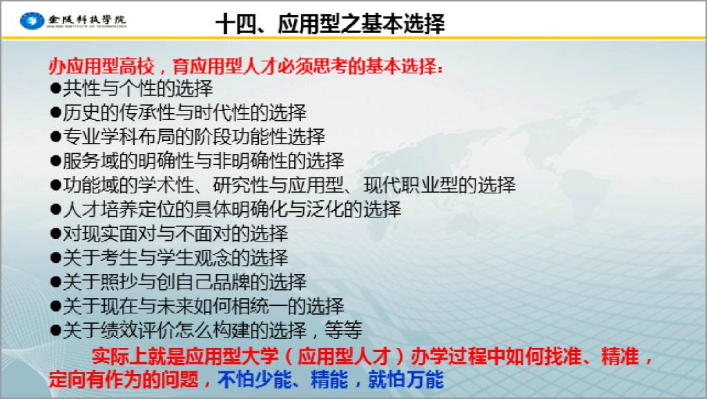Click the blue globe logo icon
click(32, 21)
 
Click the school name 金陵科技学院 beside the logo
click(86, 20)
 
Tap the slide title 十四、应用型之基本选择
click(331, 23)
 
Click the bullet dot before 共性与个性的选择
click(55, 88)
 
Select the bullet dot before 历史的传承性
click(55, 113)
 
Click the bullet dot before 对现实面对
click(55, 233)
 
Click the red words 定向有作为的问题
click(124, 379)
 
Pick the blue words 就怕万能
click(406, 379)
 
